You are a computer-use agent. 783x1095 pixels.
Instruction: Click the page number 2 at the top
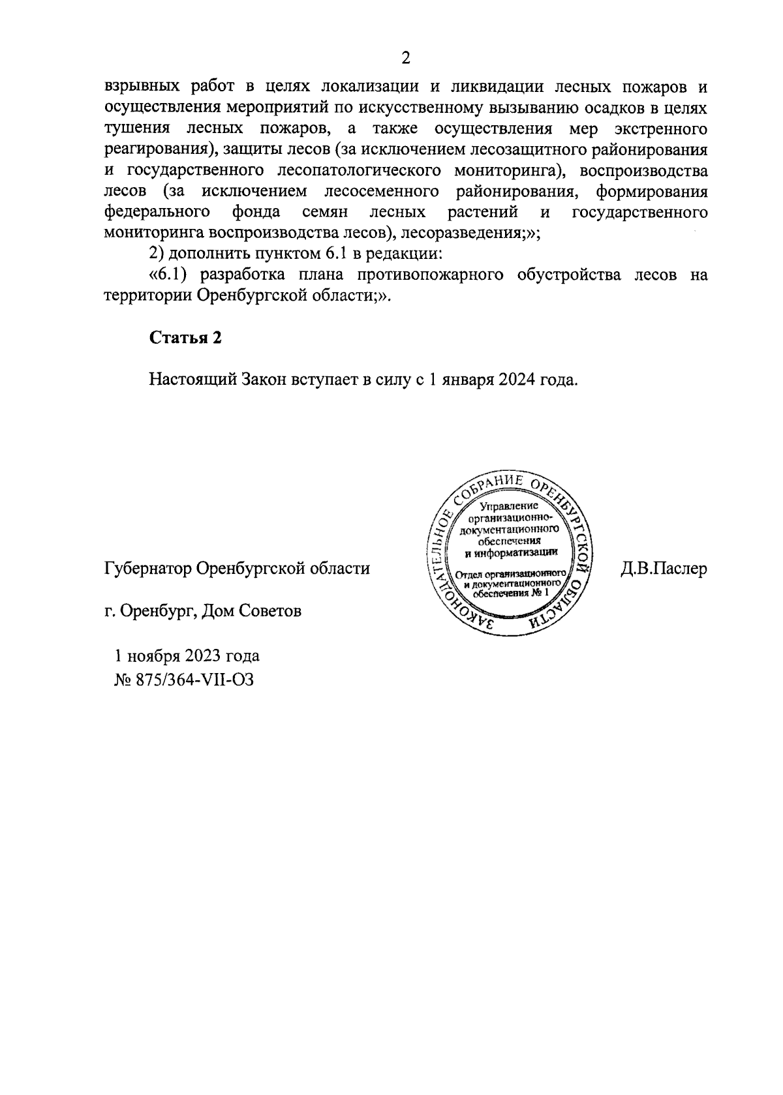click(405, 59)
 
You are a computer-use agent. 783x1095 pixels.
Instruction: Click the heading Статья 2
click(186, 337)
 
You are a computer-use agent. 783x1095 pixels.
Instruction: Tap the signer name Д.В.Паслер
click(664, 569)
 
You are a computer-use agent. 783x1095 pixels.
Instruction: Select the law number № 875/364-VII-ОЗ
click(184, 680)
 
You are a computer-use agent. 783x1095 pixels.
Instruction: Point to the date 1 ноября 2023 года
click(187, 655)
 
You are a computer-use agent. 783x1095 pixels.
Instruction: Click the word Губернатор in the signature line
click(147, 569)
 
